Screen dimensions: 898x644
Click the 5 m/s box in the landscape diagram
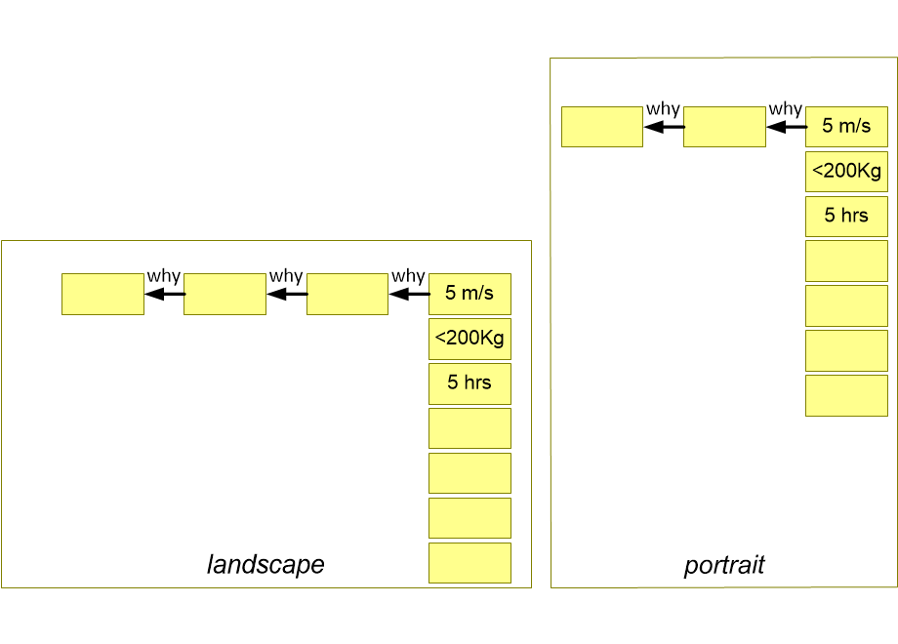pos(469,294)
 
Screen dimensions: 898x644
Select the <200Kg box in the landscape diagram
pos(469,339)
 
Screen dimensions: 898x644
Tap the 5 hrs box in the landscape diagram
pos(469,383)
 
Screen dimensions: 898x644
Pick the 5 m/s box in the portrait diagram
pos(846,127)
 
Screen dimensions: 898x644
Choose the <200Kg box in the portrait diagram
pos(846,171)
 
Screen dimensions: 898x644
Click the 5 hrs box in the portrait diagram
pos(846,217)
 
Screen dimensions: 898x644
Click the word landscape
pos(265,564)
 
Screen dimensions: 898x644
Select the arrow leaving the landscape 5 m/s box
pos(410,295)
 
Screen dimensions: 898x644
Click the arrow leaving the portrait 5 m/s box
pos(787,127)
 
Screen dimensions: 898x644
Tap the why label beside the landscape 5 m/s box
pos(408,276)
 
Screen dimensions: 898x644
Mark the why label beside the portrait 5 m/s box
pos(785,109)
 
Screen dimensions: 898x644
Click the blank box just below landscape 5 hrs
pos(469,428)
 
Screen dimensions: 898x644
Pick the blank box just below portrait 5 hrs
pos(846,262)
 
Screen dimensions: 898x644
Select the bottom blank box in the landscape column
pos(469,563)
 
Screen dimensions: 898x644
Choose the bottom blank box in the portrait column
pos(846,395)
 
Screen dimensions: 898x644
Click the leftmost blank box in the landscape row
pos(103,295)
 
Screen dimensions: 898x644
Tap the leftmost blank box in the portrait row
pos(602,127)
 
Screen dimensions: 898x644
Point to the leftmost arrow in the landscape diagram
pos(165,295)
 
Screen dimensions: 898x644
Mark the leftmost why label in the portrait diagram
pos(663,109)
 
